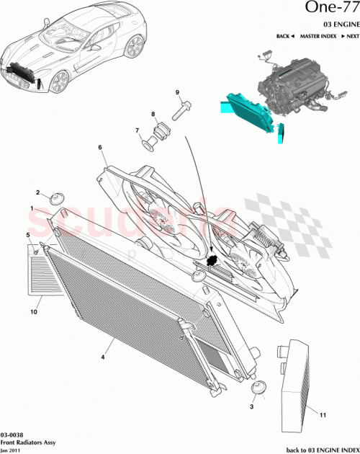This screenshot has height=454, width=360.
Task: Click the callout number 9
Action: tap(177, 93)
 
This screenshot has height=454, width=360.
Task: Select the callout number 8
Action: tap(153, 115)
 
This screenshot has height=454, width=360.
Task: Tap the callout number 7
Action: tap(137, 130)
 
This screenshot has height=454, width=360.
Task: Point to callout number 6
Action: tap(100, 148)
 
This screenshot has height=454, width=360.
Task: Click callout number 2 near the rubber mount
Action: tap(37, 192)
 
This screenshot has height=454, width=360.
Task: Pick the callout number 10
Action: tap(33, 312)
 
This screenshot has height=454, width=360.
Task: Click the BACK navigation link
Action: tap(286, 36)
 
